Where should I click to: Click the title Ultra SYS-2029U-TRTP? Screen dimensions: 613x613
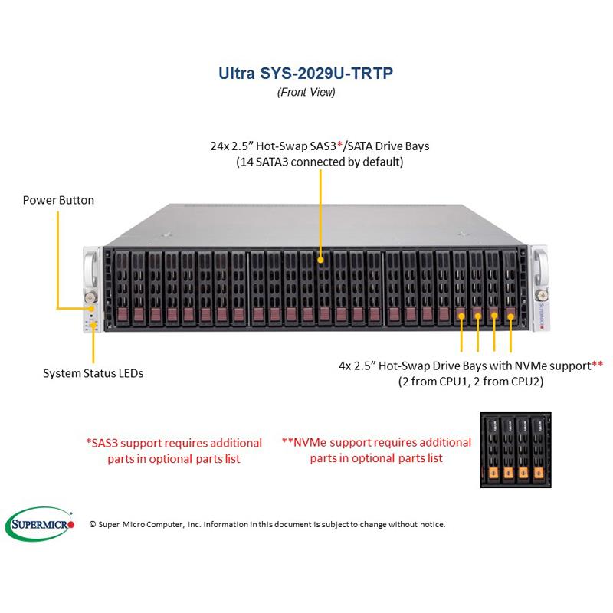(x=306, y=74)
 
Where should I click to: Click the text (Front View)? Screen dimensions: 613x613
(x=306, y=92)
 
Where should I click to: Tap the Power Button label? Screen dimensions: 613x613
(x=58, y=200)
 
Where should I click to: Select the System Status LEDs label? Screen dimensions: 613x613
(x=93, y=374)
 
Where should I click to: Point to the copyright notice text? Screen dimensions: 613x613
(x=267, y=524)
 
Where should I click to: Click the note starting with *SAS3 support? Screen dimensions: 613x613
(x=173, y=451)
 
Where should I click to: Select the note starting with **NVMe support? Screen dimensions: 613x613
(x=376, y=450)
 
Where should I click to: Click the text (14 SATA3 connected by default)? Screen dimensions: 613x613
(x=320, y=162)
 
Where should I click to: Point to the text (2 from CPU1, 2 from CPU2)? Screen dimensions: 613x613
(x=470, y=381)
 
